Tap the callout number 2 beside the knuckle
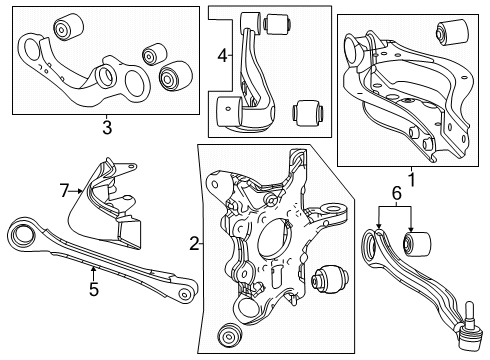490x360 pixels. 192,242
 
